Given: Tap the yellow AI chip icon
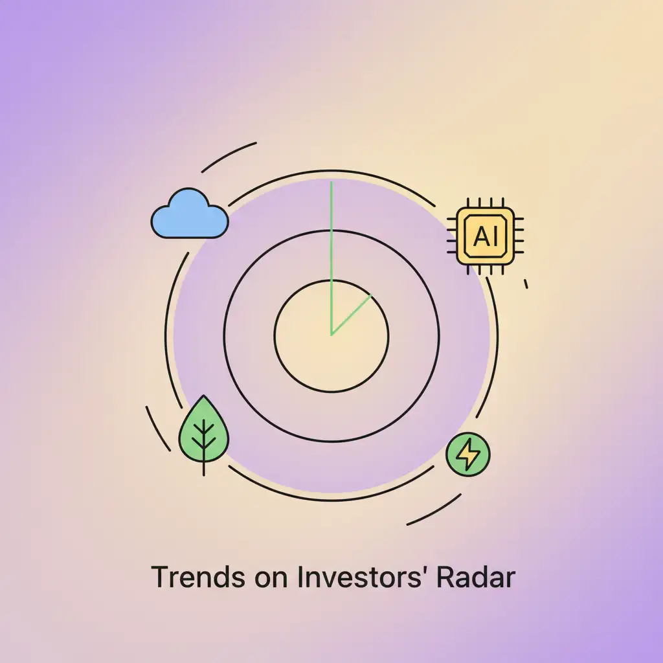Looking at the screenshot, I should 486,236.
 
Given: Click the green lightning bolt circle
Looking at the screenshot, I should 468,455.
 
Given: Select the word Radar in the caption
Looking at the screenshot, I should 475,578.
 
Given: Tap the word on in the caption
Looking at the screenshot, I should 265,578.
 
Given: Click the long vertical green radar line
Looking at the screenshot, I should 331,246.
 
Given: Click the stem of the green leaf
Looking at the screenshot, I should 204,463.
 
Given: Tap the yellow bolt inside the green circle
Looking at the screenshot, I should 468,455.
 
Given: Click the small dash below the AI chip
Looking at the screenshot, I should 526,283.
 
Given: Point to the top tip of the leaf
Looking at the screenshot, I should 204,397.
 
